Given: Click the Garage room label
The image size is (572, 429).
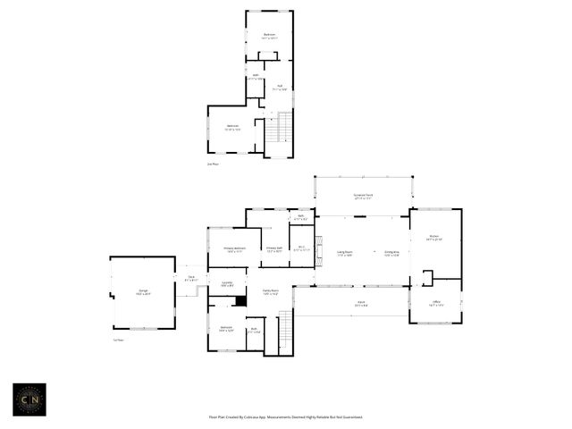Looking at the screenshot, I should coord(143,291).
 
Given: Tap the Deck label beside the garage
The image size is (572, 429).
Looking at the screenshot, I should coord(191,277).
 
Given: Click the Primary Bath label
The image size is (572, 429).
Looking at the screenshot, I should coord(273,249).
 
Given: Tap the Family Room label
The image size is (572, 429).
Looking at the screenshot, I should coord(270,292).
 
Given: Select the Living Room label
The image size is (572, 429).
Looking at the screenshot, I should coord(344,253).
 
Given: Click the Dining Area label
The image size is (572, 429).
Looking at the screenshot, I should coord(391,253).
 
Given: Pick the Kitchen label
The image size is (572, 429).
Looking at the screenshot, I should coord(434,238).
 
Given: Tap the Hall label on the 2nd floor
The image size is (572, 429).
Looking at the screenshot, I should coord(279,88).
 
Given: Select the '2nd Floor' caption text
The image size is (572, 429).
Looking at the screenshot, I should coord(213,164).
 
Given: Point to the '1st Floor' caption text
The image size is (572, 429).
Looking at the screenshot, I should coord(118,340).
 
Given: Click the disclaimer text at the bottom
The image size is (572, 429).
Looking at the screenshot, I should coord(285,416).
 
